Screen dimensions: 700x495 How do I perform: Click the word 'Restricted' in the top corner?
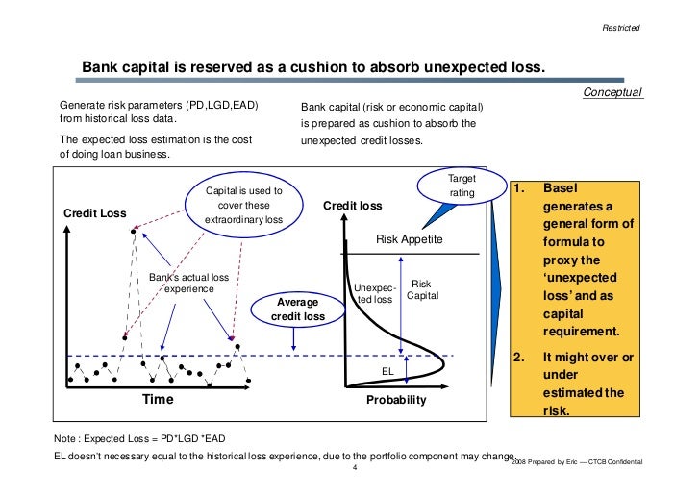coord(620,26)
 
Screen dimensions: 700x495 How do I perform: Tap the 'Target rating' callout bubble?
coord(455,186)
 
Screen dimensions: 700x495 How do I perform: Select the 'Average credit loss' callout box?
coord(300,308)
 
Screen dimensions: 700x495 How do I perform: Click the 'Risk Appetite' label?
coord(409,239)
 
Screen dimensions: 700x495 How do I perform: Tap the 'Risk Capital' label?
coord(423,289)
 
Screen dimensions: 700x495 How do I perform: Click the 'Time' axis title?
coord(161,399)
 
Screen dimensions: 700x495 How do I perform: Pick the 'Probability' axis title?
coord(395,400)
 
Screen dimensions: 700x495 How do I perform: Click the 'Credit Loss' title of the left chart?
coord(95,212)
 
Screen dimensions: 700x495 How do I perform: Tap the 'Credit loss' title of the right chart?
coord(352,206)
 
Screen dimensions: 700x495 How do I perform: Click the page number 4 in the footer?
coord(356,469)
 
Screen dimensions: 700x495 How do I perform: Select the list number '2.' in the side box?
coord(520,357)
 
